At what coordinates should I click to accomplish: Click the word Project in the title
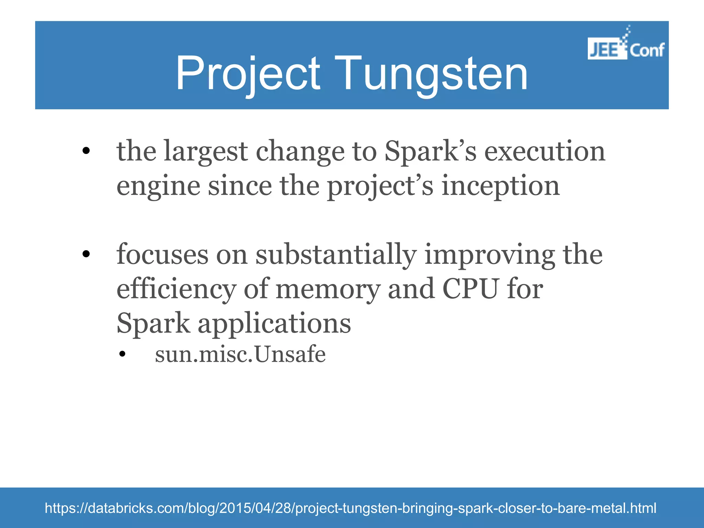[248, 74]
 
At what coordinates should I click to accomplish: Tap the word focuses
[162, 255]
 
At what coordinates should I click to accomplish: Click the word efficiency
[176, 289]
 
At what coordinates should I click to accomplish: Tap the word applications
[274, 324]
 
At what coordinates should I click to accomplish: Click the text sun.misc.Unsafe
[240, 354]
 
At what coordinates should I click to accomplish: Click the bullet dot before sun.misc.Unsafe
[122, 355]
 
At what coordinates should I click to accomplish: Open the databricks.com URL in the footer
[350, 508]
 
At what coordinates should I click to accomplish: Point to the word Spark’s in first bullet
[430, 152]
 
